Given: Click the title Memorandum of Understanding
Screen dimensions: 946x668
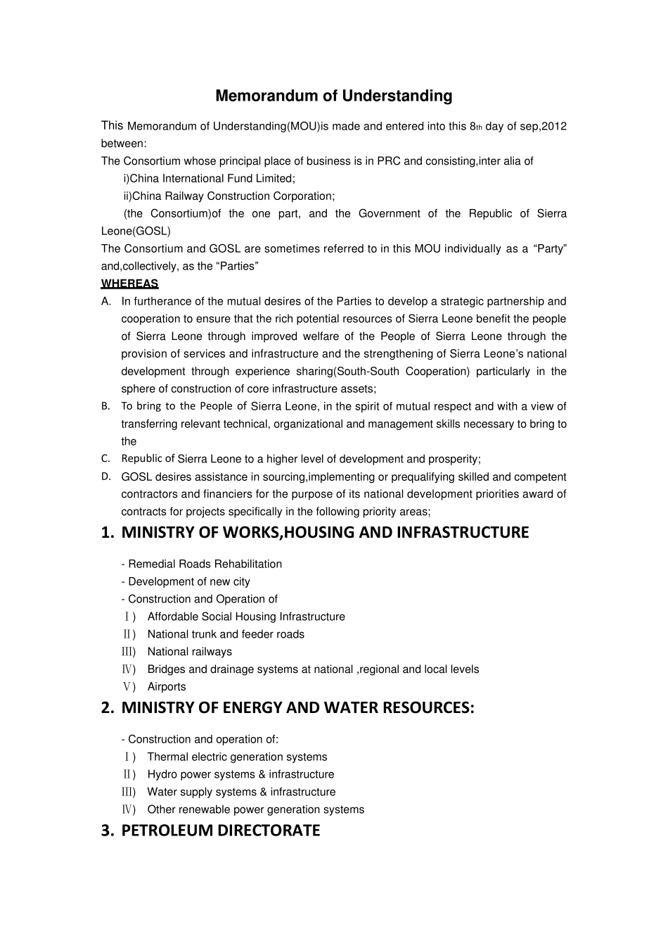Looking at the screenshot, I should coord(333,96).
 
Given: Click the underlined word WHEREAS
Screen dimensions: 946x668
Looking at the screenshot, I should coord(129,284).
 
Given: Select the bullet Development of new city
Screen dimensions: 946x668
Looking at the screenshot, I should coord(186,581).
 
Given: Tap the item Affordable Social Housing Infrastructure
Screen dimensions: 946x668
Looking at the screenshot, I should coord(246,617).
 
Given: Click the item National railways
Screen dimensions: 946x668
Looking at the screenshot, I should coord(189,652).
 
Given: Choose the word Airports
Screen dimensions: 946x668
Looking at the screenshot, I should coord(167,687).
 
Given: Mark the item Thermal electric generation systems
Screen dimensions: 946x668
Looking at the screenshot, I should coord(237,757).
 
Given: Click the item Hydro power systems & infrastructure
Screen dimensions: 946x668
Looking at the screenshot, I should coord(240,774).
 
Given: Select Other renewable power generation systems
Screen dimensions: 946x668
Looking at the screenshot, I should coord(255,809).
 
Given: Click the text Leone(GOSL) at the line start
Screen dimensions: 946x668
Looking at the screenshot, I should coord(136,231).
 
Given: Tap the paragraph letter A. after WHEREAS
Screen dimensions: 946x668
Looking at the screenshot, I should coord(106,301).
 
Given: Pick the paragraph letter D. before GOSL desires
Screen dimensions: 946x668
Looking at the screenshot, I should coord(106,477).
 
